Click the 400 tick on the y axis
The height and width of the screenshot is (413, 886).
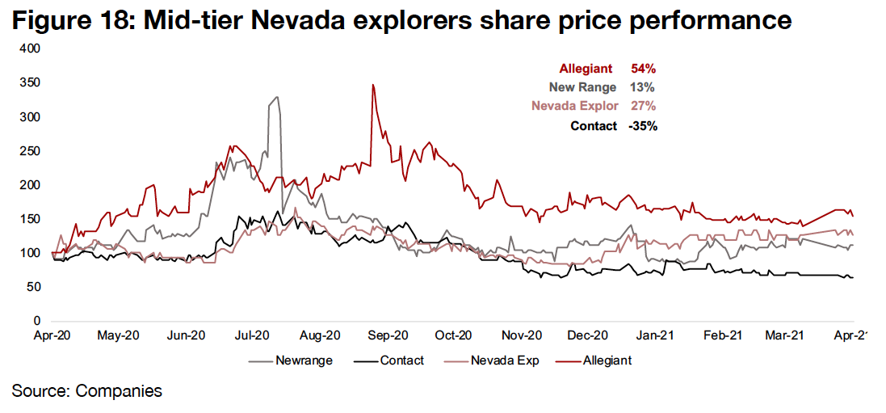tap(30, 49)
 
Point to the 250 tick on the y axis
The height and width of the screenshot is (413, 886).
tap(30, 151)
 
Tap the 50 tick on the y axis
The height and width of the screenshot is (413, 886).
tap(33, 287)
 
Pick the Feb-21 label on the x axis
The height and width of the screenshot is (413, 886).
tap(723, 335)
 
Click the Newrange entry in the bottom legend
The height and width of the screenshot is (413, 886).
tap(304, 360)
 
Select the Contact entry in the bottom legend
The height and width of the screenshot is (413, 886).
tap(401, 360)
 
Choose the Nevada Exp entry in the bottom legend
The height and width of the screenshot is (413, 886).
tap(506, 360)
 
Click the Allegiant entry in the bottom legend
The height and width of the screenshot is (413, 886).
tap(607, 360)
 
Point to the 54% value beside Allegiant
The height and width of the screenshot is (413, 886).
tap(634, 69)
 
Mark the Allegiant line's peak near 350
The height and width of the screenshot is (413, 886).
tap(372, 85)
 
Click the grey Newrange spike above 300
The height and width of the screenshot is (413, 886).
tap(277, 98)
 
